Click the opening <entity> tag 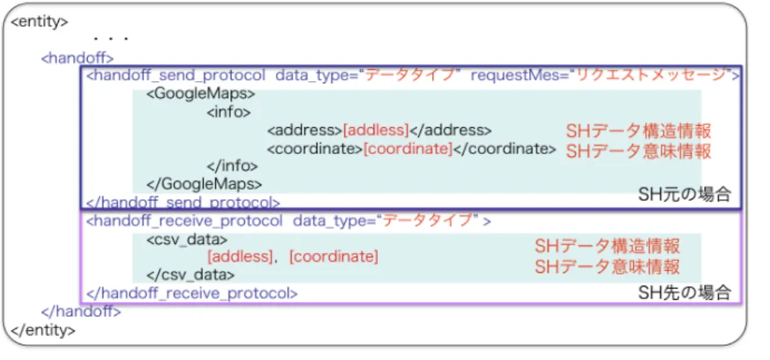tap(39, 23)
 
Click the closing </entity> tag tap(43, 330)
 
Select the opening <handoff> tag tap(77, 58)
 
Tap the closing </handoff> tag tap(81, 312)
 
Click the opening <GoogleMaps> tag tap(201, 94)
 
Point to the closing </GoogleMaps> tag tap(205, 184)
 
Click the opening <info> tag tap(229, 112)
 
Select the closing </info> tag tap(232, 166)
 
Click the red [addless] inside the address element tap(376, 131)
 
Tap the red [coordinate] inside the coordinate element tap(408, 149)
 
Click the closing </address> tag tap(450, 131)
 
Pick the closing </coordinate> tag tap(504, 149)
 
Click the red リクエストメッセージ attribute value tap(652, 76)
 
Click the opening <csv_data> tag tap(187, 240)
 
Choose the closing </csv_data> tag tap(190, 275)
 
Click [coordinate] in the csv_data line tap(334, 257)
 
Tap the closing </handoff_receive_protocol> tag tap(192, 294)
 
